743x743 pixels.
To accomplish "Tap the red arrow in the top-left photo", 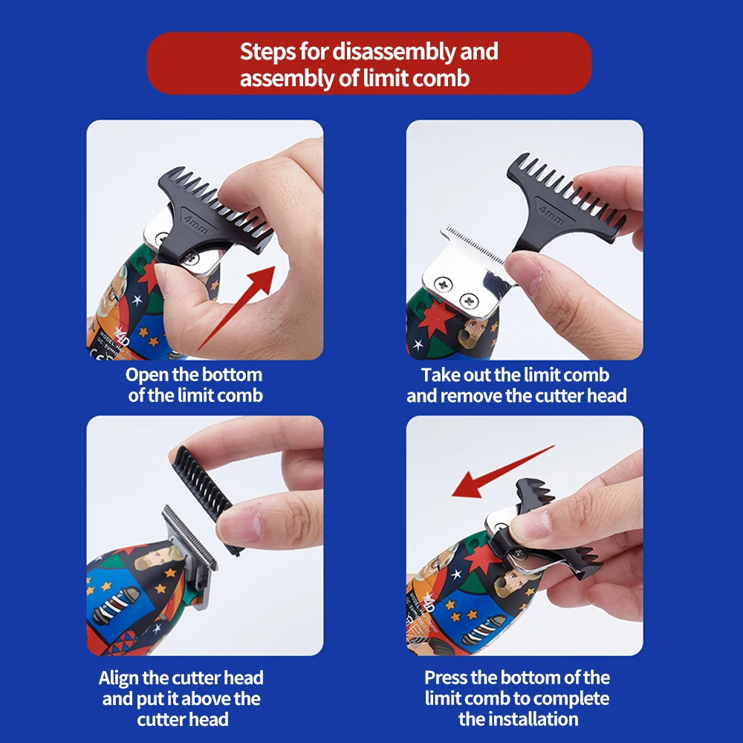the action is click(x=236, y=308).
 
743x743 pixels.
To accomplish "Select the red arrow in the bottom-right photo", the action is click(x=502, y=471).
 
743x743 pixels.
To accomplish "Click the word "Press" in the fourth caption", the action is click(x=446, y=678).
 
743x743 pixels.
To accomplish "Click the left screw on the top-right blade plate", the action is click(x=443, y=285).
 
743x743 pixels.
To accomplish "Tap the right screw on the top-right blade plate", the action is click(x=469, y=300).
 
